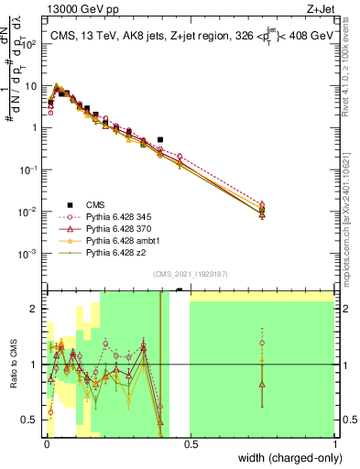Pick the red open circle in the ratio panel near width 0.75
(262, 344)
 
